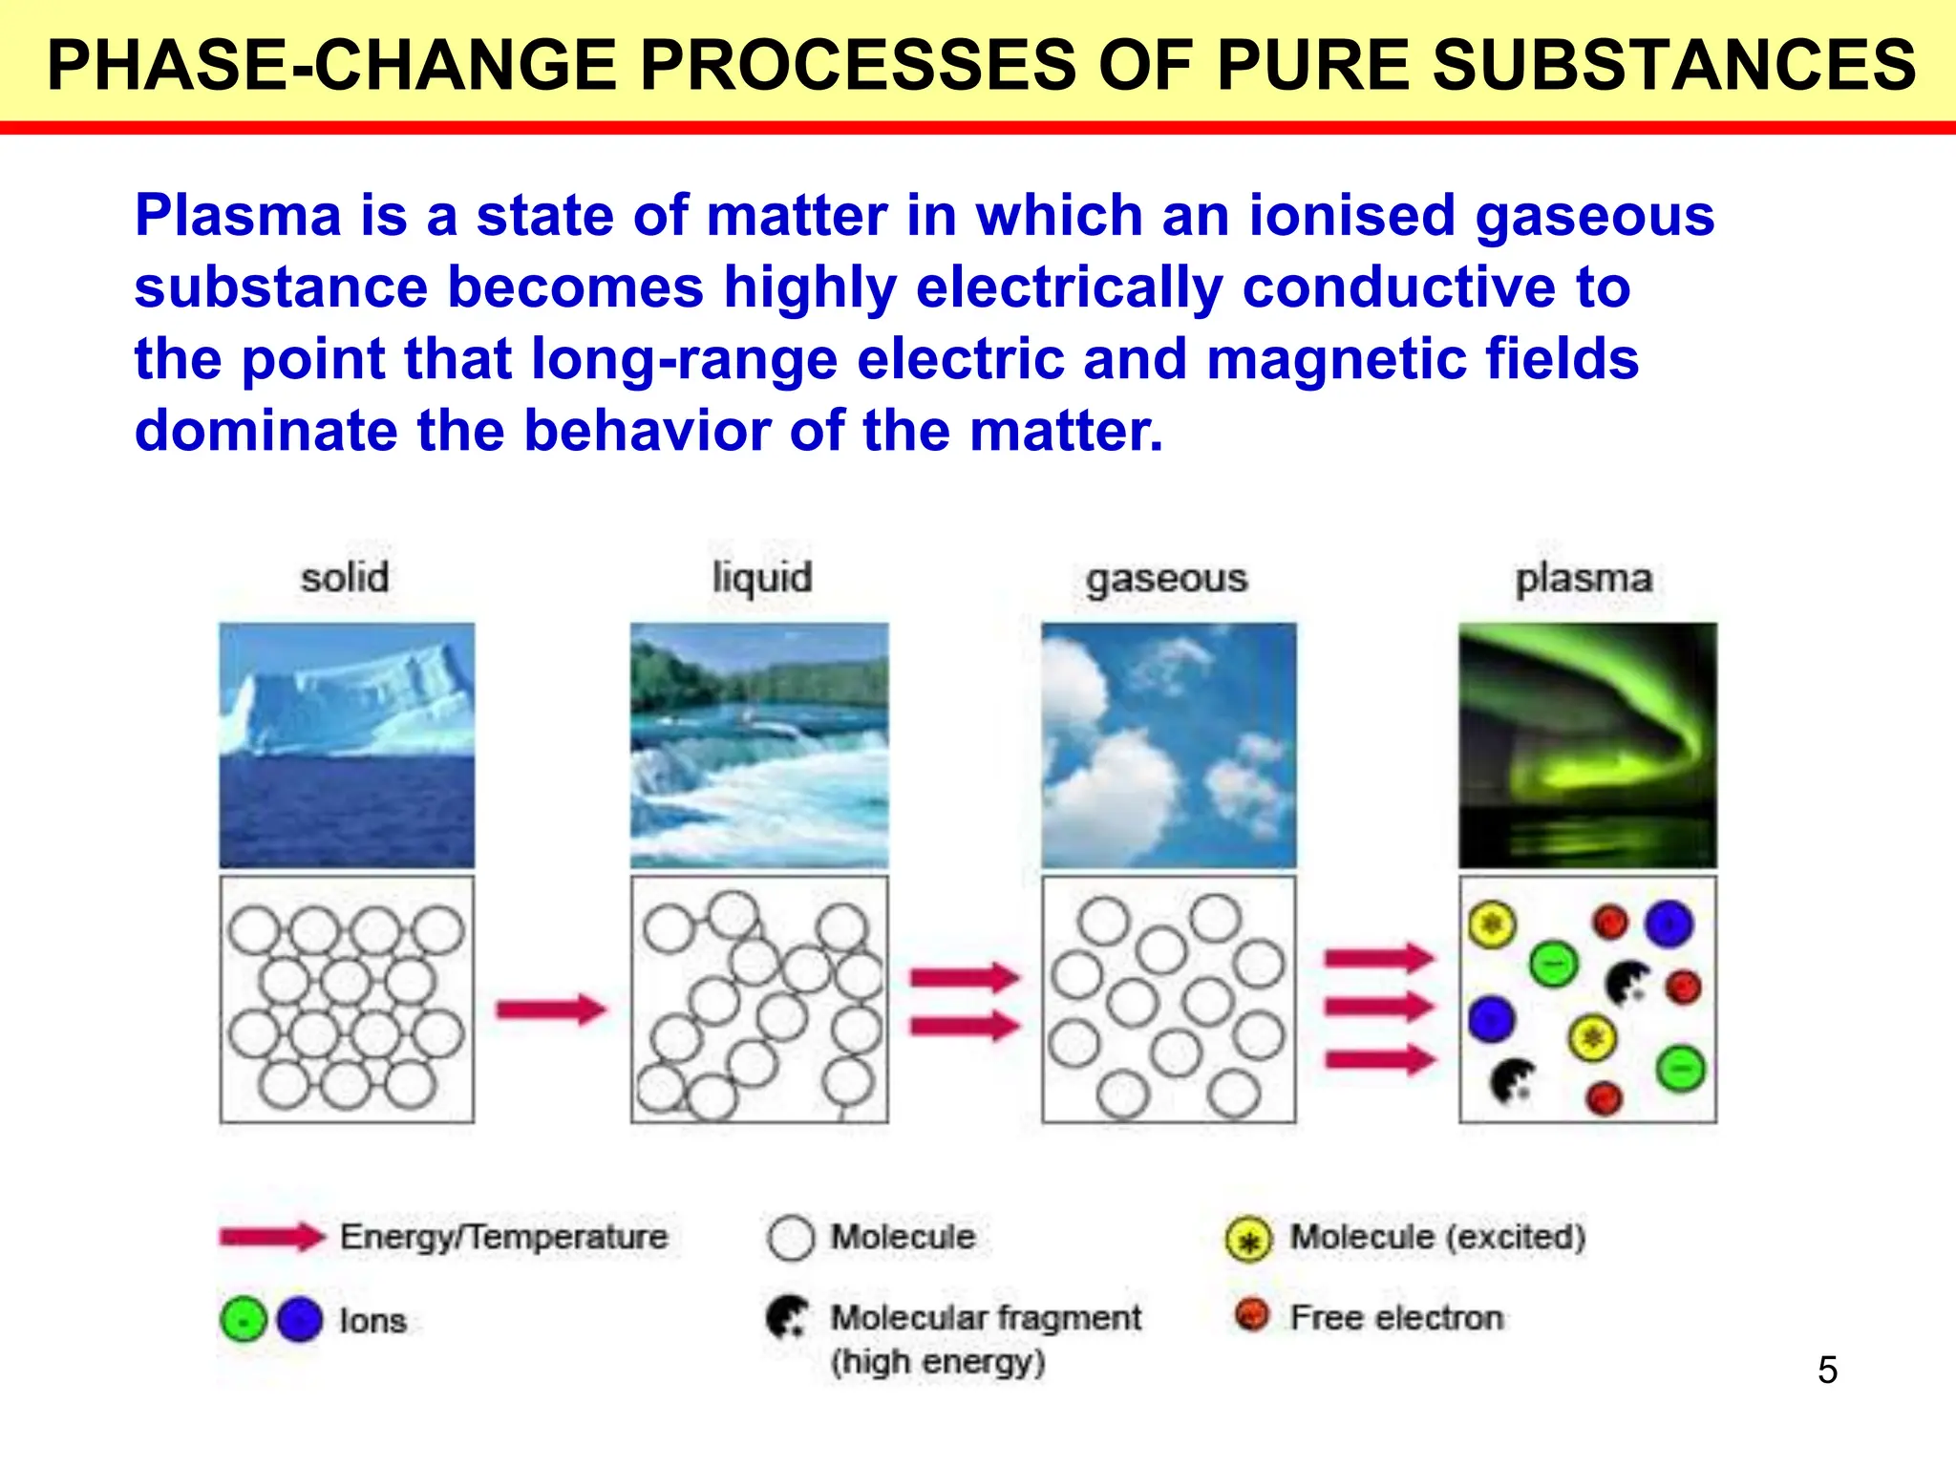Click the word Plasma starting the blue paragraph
coord(238,216)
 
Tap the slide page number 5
coord(1827,1370)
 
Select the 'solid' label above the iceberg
coord(345,578)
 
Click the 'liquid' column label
coord(762,578)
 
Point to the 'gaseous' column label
coord(1166,579)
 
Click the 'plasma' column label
coord(1584,578)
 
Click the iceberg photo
coord(347,745)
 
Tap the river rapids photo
coord(759,745)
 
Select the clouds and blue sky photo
coord(1169,745)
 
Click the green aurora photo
coord(1587,745)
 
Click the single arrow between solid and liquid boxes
coord(551,1009)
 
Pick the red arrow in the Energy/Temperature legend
coord(272,1237)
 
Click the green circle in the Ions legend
coord(244,1320)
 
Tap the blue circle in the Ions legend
coord(300,1320)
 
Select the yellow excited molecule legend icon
coord(1248,1240)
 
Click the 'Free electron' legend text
coord(1396,1318)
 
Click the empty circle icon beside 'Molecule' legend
coord(791,1238)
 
